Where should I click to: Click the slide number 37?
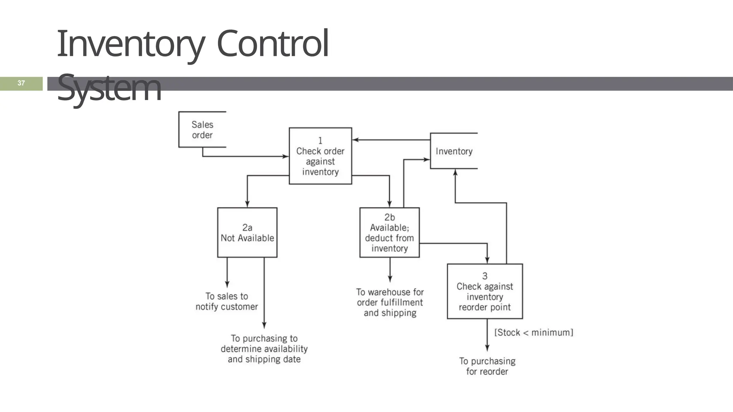(21, 83)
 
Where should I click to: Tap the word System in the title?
(109, 88)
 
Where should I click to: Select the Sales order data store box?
(202, 129)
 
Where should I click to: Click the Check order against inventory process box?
(320, 156)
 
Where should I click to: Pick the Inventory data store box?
(454, 151)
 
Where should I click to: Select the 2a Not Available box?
(247, 232)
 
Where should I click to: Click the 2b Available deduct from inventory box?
(389, 232)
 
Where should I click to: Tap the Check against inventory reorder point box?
(485, 291)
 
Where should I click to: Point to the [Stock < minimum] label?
(533, 333)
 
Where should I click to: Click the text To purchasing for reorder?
(487, 366)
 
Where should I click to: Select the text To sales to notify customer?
(227, 301)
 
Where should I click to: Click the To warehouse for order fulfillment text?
(390, 303)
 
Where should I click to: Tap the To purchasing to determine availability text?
(264, 349)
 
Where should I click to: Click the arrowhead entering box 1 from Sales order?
(286, 156)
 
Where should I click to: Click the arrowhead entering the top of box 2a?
(247, 204)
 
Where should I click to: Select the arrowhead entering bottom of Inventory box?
(455, 172)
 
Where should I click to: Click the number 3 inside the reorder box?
(485, 276)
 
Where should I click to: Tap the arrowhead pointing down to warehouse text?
(390, 279)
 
